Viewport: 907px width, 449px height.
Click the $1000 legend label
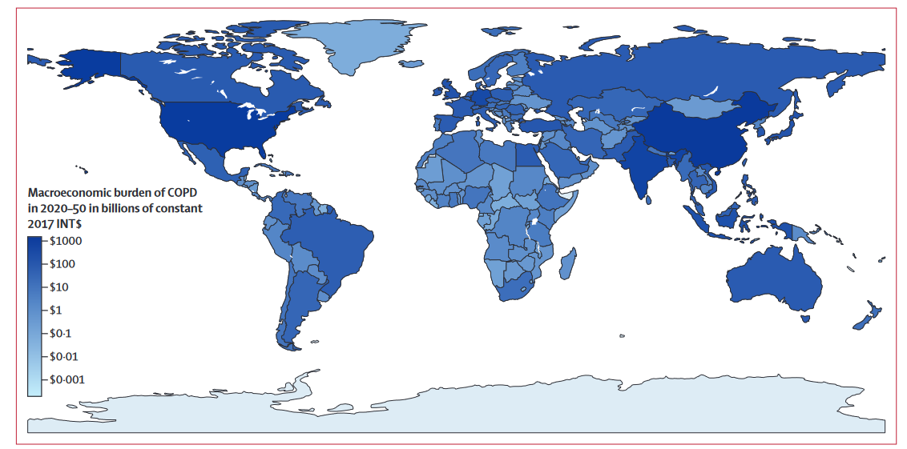66,241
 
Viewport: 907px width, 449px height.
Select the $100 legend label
63,264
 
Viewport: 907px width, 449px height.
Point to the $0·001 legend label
67,379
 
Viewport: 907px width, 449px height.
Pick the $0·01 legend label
64,356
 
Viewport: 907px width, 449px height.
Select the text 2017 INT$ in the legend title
58,223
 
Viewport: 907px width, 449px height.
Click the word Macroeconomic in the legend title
69,193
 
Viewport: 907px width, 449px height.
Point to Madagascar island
568,262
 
